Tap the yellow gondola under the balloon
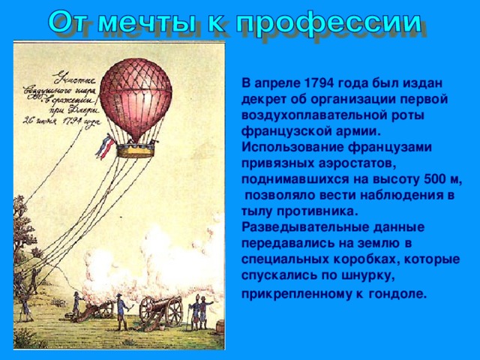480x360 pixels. (x=135, y=150)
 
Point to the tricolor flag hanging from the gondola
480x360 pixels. (x=104, y=146)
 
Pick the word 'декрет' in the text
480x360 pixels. (x=263, y=98)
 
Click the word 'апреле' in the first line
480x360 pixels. (x=278, y=82)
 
